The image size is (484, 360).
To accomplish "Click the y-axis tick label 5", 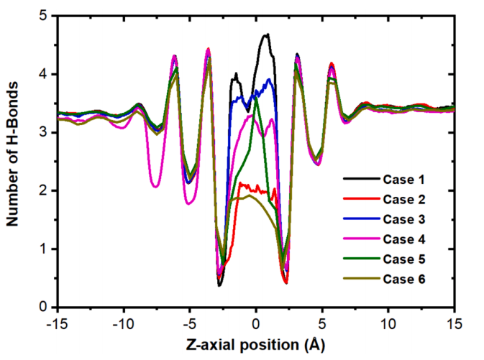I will click(45, 15).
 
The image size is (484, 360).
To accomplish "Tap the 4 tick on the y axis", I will click(45, 74).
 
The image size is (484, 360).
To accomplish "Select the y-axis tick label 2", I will click(45, 190).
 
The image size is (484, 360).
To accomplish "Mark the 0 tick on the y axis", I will click(45, 307).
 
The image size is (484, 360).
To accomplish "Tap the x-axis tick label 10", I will click(388, 320).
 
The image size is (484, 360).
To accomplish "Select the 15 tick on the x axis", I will click(454, 320).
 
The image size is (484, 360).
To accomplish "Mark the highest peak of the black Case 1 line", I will click(266, 34).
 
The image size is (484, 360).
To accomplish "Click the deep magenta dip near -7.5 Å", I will click(156, 187).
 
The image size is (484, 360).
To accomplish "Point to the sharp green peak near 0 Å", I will click(255, 97).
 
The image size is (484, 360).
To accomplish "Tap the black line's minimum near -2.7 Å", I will click(220, 285).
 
